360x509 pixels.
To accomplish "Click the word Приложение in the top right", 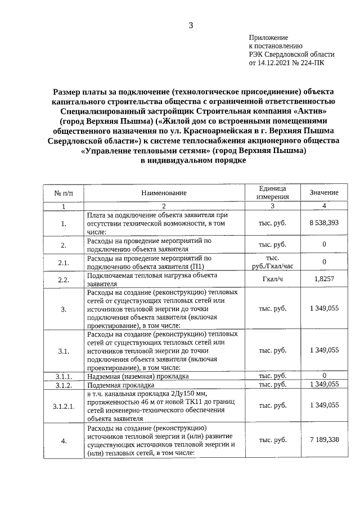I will pyautogui.click(x=268, y=37).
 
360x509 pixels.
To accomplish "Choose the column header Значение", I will pyautogui.click(x=324, y=193).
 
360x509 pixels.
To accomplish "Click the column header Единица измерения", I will pyautogui.click(x=272, y=193).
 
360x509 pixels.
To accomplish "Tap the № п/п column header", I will pyautogui.click(x=64, y=193).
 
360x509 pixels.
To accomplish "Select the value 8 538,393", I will pyautogui.click(x=324, y=223).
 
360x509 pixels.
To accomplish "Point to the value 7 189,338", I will pyautogui.click(x=324, y=439).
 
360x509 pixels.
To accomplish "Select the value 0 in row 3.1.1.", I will pyautogui.click(x=324, y=375).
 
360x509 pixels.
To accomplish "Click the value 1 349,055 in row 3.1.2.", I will pyautogui.click(x=324, y=384).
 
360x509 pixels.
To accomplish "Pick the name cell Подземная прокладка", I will pyautogui.click(x=120, y=386).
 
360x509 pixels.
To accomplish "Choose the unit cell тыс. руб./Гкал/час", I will pyautogui.click(x=272, y=262).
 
